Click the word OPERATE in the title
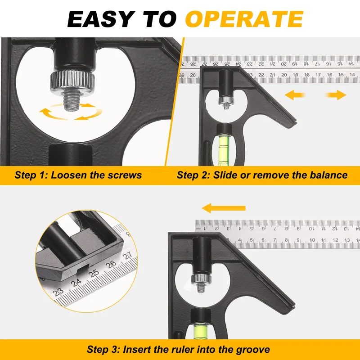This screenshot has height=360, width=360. (244, 19)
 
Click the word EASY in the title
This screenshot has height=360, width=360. (101, 19)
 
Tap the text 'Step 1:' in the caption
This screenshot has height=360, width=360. (31, 175)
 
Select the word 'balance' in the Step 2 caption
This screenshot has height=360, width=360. (329, 175)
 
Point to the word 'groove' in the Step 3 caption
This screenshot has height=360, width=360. (253, 350)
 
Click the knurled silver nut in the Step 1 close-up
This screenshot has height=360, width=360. (72, 81)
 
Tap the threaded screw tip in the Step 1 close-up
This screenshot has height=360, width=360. (71, 100)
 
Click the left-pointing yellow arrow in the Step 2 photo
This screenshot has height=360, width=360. (295, 95)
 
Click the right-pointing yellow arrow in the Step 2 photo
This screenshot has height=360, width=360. (336, 95)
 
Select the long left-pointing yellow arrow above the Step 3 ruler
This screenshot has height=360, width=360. (224, 208)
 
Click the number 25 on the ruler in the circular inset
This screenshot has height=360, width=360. (94, 273)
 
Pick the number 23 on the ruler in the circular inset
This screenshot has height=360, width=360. (58, 292)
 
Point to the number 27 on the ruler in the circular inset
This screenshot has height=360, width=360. (128, 256)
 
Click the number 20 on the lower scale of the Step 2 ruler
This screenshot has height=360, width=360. (284, 75)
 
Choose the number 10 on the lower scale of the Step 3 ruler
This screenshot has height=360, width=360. (312, 240)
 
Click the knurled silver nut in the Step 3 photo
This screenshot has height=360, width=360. (201, 279)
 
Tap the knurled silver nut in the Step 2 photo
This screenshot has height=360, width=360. (226, 100)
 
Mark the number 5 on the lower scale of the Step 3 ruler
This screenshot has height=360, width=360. (252, 240)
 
